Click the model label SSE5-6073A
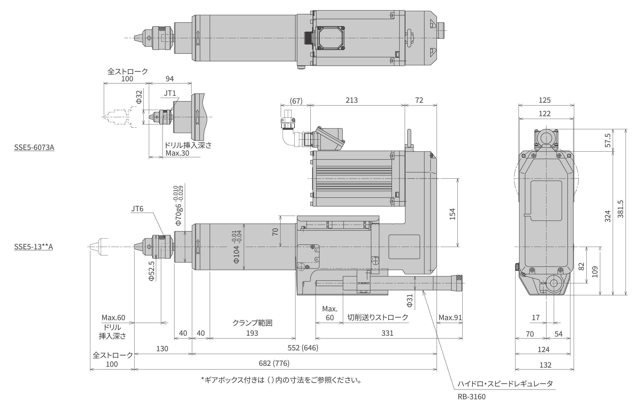click(x=34, y=147)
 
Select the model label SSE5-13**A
click(x=33, y=247)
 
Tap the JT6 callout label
click(x=137, y=209)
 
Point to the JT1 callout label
click(x=170, y=93)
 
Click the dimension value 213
click(x=352, y=100)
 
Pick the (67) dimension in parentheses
click(x=296, y=101)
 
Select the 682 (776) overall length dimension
click(x=274, y=363)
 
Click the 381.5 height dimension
click(x=620, y=209)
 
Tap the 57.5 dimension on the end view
click(x=608, y=140)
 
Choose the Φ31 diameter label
click(x=410, y=301)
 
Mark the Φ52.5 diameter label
click(x=152, y=271)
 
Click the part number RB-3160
click(x=471, y=397)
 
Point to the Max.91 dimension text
click(x=450, y=317)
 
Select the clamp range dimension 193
click(x=252, y=333)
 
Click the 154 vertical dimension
click(x=452, y=214)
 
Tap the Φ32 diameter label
click(x=139, y=97)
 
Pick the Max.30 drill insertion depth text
click(x=178, y=153)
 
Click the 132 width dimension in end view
click(x=545, y=365)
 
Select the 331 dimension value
click(x=387, y=333)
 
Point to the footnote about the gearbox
click(x=281, y=380)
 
